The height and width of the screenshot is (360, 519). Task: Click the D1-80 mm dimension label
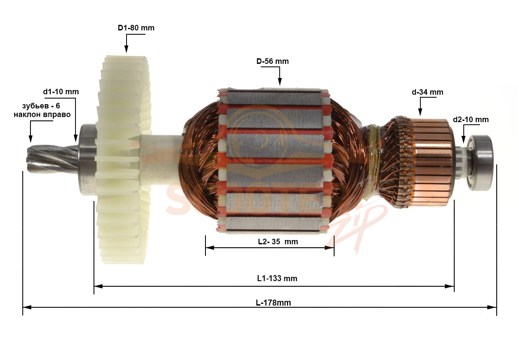coord(136,28)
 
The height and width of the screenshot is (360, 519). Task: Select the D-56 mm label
coord(272,61)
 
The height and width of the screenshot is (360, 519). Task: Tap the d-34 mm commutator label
coord(428,92)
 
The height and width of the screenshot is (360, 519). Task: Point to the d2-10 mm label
coord(471,120)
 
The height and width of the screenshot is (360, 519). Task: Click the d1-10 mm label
coord(61,92)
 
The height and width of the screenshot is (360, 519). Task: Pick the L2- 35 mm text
coord(278,242)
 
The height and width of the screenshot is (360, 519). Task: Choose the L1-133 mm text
coord(277,278)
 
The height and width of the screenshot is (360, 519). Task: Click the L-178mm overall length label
coord(273,303)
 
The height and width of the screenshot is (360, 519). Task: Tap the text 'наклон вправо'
coord(42,114)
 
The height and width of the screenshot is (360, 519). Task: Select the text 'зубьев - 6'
coord(41,106)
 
